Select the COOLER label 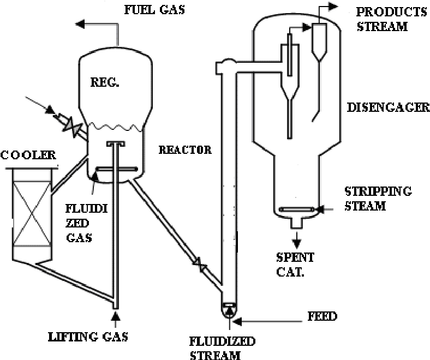point(28,155)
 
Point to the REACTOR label point(184,149)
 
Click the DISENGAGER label point(388,107)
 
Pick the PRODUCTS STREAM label point(384,19)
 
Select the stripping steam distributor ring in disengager point(295,208)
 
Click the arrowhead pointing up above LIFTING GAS point(115,315)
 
